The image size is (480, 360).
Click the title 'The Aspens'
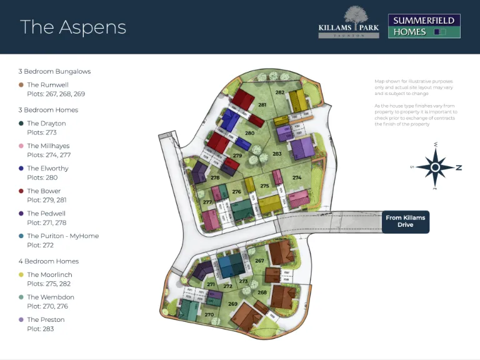point(73,27)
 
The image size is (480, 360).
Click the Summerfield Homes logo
point(424,26)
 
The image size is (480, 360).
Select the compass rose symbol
point(436,167)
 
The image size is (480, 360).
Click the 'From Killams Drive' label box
point(405,221)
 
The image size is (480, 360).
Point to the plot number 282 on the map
point(280,92)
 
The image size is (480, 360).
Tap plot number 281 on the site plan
point(262,105)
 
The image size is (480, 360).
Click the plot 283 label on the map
point(277,154)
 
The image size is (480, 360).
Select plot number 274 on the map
point(296,178)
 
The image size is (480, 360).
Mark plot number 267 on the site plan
point(259,261)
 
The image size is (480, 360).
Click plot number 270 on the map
point(209,314)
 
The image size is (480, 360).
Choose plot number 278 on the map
point(215,178)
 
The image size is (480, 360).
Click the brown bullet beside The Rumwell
point(21,85)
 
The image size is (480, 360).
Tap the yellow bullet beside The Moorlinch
point(21,275)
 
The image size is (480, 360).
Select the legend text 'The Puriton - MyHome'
point(62,236)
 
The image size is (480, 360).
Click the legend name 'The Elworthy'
point(47,169)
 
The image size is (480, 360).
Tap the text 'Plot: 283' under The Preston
point(41,329)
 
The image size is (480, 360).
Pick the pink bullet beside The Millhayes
point(21,146)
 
